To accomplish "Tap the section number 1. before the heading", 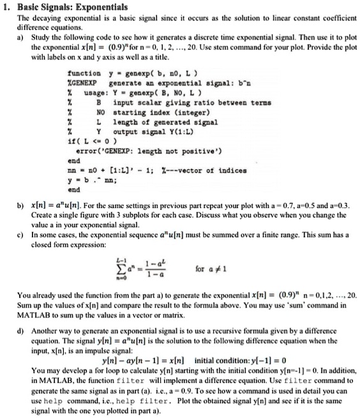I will tap(8, 7).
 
